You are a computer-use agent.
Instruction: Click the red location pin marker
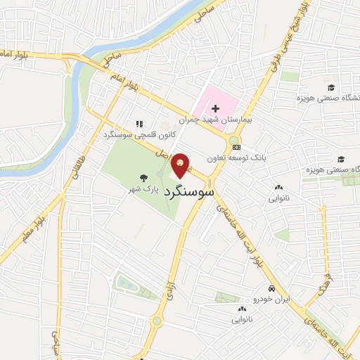(181, 165)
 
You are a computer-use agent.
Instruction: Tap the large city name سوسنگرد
(188, 191)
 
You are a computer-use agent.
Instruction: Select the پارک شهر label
(143, 189)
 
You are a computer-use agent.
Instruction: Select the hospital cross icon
(215, 108)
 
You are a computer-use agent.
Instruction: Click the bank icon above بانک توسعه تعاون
(237, 147)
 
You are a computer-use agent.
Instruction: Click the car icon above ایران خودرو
(271, 289)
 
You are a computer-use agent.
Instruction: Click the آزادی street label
(169, 290)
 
